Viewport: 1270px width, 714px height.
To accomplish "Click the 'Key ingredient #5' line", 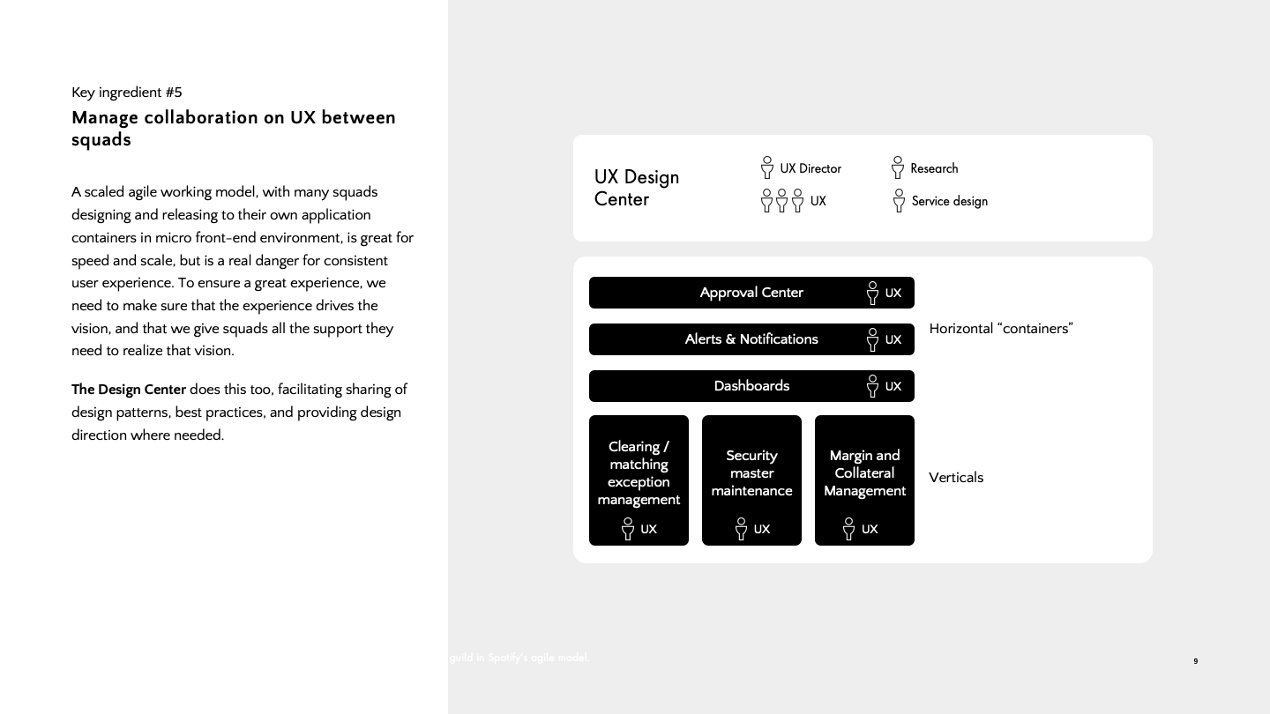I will tap(127, 93).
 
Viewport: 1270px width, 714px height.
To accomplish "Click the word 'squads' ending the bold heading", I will tap(101, 140).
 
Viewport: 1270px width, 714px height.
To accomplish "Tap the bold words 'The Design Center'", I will tap(129, 390).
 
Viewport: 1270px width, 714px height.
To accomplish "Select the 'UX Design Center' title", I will tap(636, 188).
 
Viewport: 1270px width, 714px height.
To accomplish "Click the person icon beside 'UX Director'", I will tap(767, 167).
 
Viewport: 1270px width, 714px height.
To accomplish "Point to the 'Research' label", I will tap(934, 168).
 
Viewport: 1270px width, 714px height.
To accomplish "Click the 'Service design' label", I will tap(949, 201).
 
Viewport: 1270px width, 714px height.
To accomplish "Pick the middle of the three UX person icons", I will tap(781, 201).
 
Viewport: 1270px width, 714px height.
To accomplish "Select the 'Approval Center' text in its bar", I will tap(751, 293).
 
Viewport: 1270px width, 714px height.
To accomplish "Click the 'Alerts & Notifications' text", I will tap(751, 339).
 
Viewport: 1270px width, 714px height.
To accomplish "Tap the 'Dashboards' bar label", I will tap(751, 386).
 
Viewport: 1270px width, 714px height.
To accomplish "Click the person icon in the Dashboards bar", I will tap(872, 386).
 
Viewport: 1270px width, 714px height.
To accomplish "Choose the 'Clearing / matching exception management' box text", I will tap(639, 473).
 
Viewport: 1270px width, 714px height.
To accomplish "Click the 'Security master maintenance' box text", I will tap(751, 473).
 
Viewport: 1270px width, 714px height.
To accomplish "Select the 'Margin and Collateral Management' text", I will tap(864, 473).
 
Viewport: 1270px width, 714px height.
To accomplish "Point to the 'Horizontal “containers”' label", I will tap(1001, 329).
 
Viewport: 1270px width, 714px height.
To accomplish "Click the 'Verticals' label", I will tap(956, 478).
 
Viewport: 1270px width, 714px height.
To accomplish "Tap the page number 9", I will tap(1196, 661).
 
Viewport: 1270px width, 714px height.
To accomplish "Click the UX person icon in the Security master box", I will tap(741, 529).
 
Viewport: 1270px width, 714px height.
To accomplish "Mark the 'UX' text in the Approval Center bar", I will tap(893, 294).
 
